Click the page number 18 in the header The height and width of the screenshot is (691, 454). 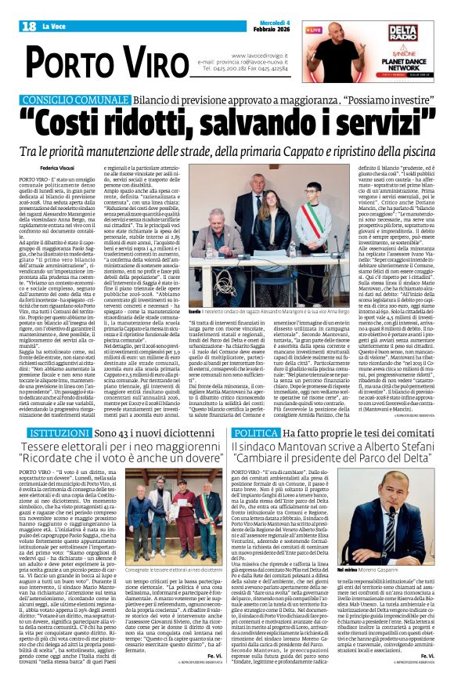tap(28, 27)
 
